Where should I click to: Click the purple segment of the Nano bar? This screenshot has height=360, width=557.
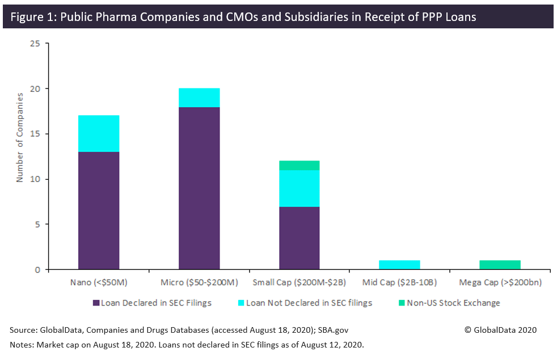pyautogui.click(x=99, y=210)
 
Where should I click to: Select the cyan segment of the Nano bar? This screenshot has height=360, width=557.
pyautogui.click(x=99, y=133)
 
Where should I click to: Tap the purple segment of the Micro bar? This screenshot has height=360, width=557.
pyautogui.click(x=199, y=188)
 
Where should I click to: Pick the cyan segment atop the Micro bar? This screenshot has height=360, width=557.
pyautogui.click(x=199, y=98)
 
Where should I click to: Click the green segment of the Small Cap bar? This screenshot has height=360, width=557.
pyautogui.click(x=299, y=166)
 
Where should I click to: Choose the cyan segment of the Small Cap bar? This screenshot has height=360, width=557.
pyautogui.click(x=299, y=188)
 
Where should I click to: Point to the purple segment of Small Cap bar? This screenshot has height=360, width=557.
pyautogui.click(x=299, y=238)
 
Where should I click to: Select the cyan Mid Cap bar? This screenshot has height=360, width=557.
pyautogui.click(x=399, y=265)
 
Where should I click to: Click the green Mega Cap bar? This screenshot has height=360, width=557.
pyautogui.click(x=500, y=265)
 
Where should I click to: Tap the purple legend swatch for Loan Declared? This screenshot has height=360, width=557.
pyautogui.click(x=96, y=303)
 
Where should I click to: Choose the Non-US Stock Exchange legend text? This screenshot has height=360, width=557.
pyautogui.click(x=453, y=303)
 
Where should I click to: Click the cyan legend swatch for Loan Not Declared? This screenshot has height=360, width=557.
pyautogui.click(x=241, y=303)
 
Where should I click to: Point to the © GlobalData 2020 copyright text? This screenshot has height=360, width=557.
pyautogui.click(x=500, y=330)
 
